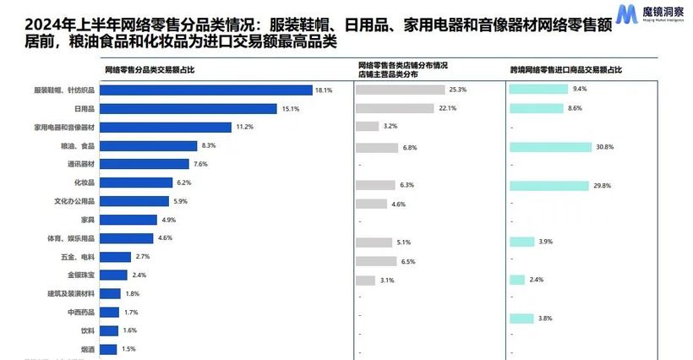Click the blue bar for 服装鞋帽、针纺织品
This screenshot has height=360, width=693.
tap(207, 90)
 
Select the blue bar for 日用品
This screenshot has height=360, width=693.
tap(189, 108)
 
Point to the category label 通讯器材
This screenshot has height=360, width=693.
tap(82, 164)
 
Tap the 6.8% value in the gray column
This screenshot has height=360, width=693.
tap(410, 148)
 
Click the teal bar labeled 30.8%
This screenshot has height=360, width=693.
tap(550, 147)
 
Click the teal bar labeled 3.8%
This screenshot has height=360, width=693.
tap(521, 319)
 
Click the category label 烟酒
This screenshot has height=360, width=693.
tap(88, 349)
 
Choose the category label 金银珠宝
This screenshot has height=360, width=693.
tap(82, 275)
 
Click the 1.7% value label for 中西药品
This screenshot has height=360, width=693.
tap(131, 313)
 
